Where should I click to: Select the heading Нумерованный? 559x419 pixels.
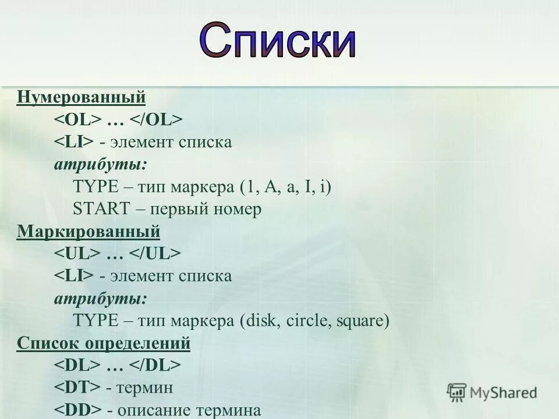pos(81,96)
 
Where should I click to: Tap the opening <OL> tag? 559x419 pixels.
pos(78,119)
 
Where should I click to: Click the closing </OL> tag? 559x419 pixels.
pos(155,119)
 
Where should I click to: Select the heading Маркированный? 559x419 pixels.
pos(89,232)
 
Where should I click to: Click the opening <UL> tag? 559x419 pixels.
pos(78,254)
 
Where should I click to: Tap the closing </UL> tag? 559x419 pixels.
pos(155,254)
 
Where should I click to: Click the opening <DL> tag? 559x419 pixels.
pos(78,365)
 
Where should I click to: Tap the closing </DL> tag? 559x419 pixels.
pos(155,365)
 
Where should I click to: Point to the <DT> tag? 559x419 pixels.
pos(78,388)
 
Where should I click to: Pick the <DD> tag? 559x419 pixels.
pos(78,410)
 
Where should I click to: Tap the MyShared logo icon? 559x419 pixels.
pos(457,392)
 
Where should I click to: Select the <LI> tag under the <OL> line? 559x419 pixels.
pos(74,142)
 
